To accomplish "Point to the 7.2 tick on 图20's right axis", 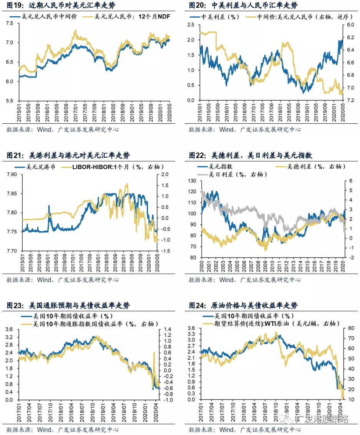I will click(x=350, y=100).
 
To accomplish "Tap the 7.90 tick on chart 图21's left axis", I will click(x=12, y=174).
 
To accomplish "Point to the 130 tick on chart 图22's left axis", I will click(x=192, y=181).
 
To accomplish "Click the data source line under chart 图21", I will click(x=63, y=280).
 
